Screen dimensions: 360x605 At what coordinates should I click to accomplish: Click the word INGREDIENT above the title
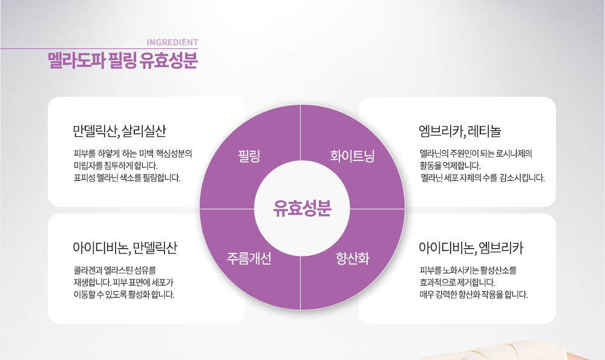(172, 42)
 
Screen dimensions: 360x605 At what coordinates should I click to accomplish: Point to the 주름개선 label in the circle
(249, 259)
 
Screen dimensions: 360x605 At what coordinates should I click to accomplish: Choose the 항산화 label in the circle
(353, 259)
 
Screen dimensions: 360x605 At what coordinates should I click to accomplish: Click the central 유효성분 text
(302, 208)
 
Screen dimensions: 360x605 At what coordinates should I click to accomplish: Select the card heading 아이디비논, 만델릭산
(125, 247)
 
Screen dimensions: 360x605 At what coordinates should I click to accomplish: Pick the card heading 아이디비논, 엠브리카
(471, 247)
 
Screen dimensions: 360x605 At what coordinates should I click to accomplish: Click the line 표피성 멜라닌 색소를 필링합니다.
(126, 178)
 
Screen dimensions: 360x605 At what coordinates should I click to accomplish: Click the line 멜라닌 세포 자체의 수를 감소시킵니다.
(482, 178)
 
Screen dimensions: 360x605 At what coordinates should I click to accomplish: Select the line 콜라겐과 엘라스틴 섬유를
(114, 270)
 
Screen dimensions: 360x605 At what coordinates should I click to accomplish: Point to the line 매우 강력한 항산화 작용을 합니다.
(473, 295)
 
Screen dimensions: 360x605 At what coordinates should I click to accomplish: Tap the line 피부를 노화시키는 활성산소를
(468, 270)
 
